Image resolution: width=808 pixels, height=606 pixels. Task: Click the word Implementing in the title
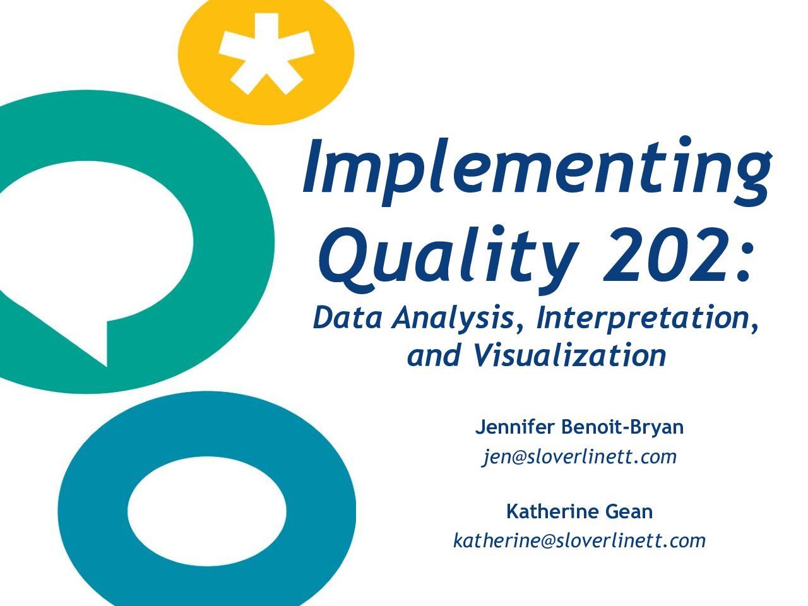pos(537,170)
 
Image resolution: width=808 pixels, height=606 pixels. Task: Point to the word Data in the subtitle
pos(347,318)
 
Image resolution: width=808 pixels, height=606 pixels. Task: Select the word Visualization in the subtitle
pos(569,355)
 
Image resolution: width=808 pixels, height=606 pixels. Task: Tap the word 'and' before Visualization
pos(434,355)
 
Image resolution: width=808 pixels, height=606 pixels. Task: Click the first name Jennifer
pos(514,427)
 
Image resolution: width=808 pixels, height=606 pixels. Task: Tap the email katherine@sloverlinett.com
pos(579,541)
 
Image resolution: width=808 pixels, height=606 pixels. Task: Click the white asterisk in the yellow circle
pos(266,52)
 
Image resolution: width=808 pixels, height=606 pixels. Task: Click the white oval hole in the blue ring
pos(207,511)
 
